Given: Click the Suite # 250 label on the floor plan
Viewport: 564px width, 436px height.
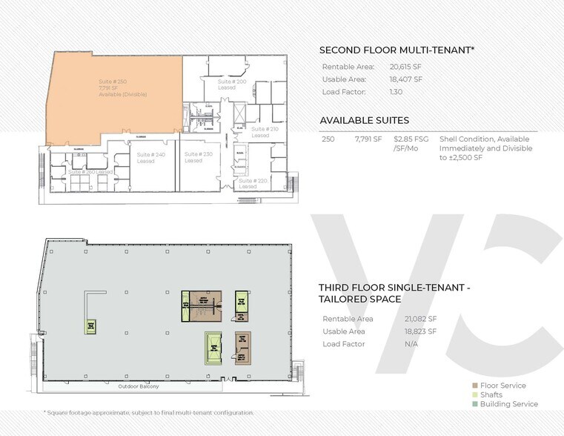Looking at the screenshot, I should [113, 81].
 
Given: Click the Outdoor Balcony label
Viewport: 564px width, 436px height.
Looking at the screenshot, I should [139, 386].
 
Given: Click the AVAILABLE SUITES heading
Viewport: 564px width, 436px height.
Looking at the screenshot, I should [364, 120].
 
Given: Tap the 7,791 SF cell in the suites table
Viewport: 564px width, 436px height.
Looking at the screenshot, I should [368, 138].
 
